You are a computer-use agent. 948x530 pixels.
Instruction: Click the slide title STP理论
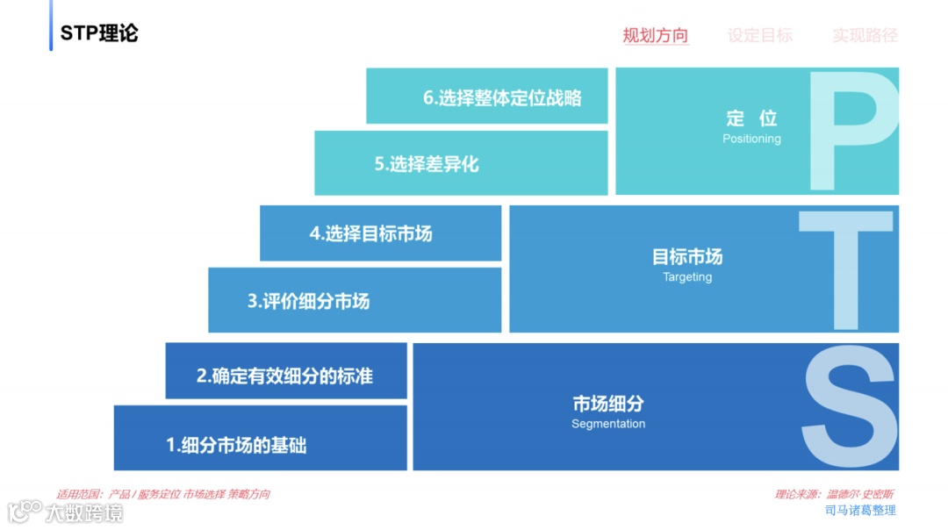(99, 33)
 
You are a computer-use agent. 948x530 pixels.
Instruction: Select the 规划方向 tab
(655, 36)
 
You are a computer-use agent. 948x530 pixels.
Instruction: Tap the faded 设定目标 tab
(759, 36)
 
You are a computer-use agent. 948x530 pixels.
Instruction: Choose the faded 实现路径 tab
(865, 36)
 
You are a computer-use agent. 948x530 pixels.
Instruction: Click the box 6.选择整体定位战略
(487, 97)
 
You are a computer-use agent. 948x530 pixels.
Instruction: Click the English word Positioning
(751, 139)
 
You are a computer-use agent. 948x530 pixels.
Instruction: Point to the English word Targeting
(687, 277)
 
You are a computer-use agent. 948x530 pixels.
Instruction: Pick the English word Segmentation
(608, 424)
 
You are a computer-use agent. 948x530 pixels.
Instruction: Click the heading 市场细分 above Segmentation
(608, 404)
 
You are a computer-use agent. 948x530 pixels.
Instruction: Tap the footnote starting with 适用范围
(163, 494)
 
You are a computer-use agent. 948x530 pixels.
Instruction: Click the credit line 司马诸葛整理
(860, 510)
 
